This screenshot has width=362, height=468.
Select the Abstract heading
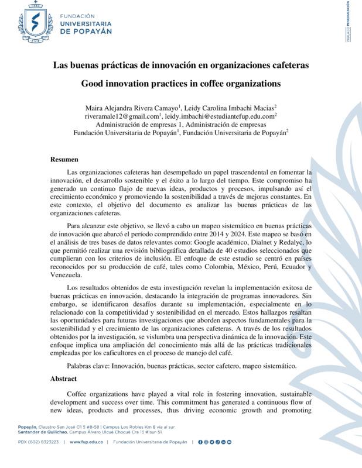point(64,378)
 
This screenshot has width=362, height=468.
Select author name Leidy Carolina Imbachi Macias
point(229,108)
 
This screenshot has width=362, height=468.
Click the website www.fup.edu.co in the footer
point(87,442)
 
